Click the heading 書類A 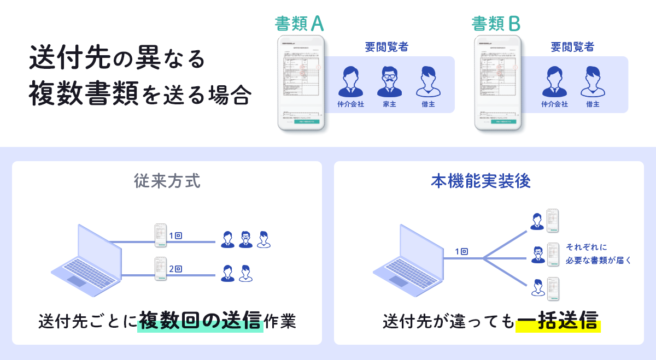[x=300, y=23]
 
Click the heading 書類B [x=496, y=23]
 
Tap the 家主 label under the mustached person [x=390, y=104]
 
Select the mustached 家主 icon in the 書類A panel [x=390, y=82]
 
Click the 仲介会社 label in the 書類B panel [x=555, y=104]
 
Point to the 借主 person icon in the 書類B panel [x=593, y=82]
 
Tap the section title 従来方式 [x=167, y=181]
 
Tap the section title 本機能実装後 [x=488, y=181]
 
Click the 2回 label [x=175, y=269]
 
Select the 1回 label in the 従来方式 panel [x=175, y=235]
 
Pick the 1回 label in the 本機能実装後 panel [x=461, y=252]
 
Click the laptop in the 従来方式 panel [x=87, y=260]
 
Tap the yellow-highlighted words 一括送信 [x=558, y=321]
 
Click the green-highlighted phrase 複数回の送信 [x=200, y=321]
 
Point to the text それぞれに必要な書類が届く [x=598, y=253]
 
